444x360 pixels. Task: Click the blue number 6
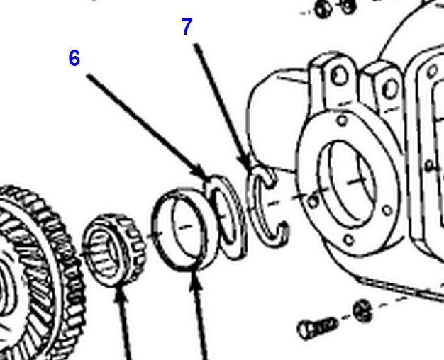pyautogui.click(x=74, y=58)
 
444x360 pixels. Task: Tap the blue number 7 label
pyautogui.click(x=187, y=27)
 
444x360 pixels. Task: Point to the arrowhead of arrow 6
pyautogui.click(x=204, y=174)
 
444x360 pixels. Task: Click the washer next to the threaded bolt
pyautogui.click(x=362, y=311)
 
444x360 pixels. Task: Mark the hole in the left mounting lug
pyautogui.click(x=340, y=76)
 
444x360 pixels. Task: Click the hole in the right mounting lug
pyautogui.click(x=390, y=89)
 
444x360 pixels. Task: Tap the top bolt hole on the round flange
pyautogui.click(x=343, y=121)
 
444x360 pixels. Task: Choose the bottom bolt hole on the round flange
pyautogui.click(x=349, y=240)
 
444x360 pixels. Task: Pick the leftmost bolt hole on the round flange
pyautogui.click(x=313, y=202)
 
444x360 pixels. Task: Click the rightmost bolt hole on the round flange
pyautogui.click(x=387, y=210)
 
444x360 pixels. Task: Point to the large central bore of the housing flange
pyautogui.click(x=348, y=184)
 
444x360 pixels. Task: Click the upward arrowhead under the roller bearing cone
pyautogui.click(x=120, y=293)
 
